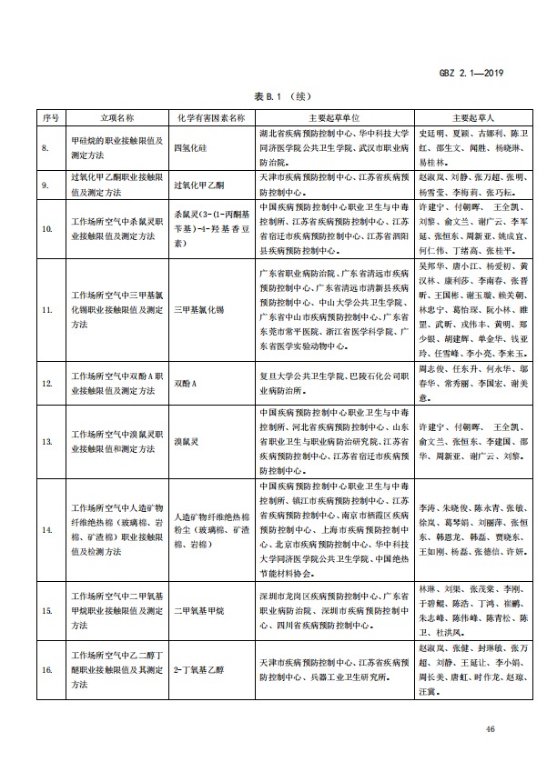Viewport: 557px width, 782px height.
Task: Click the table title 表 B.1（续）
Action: click(x=278, y=95)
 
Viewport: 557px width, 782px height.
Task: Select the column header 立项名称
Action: click(x=117, y=117)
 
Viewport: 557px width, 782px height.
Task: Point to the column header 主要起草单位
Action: click(x=334, y=117)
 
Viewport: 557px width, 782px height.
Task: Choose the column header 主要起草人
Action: click(x=472, y=117)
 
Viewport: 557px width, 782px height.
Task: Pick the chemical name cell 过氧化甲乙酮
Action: click(x=198, y=184)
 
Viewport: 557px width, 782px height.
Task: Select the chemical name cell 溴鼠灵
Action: click(x=187, y=441)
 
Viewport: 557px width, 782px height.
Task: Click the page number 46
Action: click(x=491, y=729)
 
